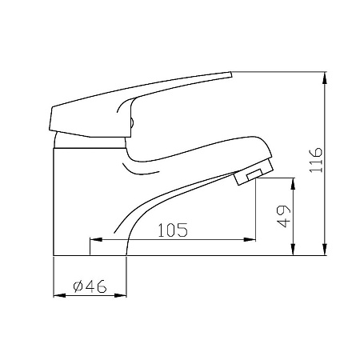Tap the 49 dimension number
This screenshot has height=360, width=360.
click(x=282, y=217)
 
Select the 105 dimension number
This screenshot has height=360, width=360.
click(x=171, y=230)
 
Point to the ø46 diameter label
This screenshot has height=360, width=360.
click(x=90, y=286)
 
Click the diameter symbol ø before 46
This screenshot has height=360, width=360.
click(x=78, y=286)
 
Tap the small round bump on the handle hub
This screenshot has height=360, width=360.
click(x=132, y=122)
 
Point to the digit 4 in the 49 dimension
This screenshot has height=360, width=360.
click(x=282, y=223)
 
